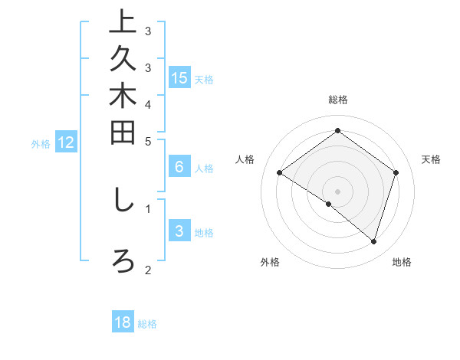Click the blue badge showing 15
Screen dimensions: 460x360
(x=179, y=77)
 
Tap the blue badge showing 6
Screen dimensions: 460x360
(x=179, y=168)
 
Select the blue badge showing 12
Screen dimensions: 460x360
(x=66, y=142)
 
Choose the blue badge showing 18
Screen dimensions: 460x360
(x=123, y=322)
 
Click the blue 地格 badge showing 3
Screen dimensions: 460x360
(x=179, y=231)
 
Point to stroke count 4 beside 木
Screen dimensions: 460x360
(x=148, y=103)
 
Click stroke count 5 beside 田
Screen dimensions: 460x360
(x=148, y=140)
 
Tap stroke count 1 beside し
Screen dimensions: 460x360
(x=148, y=207)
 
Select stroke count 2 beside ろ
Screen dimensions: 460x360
(x=148, y=269)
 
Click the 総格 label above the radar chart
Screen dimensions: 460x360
(x=337, y=100)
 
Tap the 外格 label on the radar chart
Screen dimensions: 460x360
(x=270, y=262)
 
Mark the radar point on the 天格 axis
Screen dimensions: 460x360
(x=396, y=173)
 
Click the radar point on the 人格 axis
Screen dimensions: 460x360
(x=280, y=173)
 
